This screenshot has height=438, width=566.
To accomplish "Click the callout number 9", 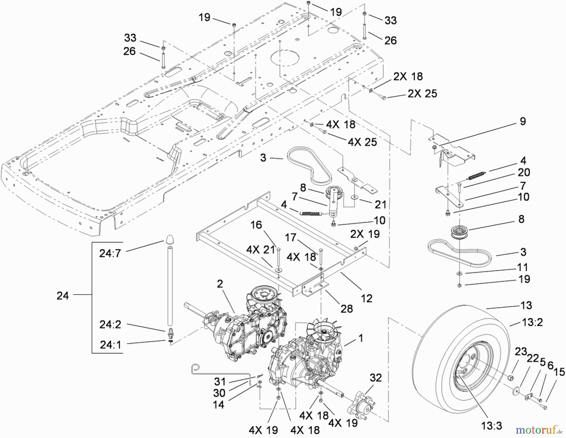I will coord(523,121).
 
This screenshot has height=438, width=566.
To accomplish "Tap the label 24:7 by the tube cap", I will coord(110,253).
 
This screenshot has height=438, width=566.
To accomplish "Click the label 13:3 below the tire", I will coord(491,426).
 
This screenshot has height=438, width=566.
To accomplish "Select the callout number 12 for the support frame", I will coord(366,298).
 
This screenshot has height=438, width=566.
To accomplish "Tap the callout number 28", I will coord(347,308).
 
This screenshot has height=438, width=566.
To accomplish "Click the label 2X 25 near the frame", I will coord(422,93).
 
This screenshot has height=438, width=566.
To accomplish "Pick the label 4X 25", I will coord(362,142).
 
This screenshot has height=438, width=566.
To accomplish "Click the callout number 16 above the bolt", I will coord(256,225).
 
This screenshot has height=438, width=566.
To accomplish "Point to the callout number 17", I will coord(291,237).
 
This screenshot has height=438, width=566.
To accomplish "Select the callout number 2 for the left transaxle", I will coord(220,284).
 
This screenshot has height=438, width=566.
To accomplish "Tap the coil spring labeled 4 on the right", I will coord(477,175).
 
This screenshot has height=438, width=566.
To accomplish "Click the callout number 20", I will coord(524,172).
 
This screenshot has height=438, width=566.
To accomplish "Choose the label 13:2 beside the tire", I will coord(532,322).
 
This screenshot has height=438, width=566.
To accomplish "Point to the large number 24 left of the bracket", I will coord(63,296).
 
